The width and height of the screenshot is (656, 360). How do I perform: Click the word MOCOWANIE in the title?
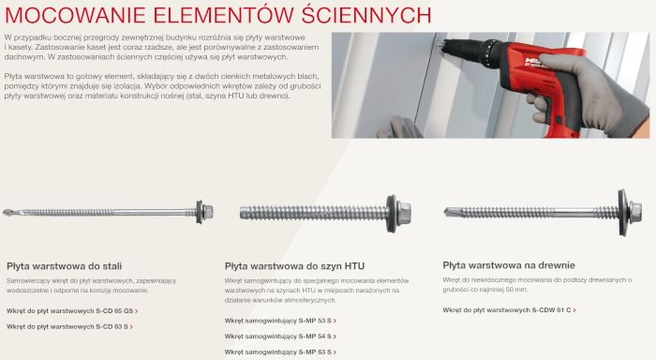click(75, 15)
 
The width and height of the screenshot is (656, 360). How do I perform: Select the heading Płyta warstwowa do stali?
click(64, 266)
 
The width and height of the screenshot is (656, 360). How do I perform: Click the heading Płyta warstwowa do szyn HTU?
click(294, 266)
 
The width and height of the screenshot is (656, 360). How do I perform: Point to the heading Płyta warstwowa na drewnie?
click(509, 265)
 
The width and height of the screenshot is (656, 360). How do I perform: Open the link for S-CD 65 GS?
click(72, 311)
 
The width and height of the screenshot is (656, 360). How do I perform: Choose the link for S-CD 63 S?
click(69, 326)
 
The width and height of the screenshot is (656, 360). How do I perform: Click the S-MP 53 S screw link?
click(280, 321)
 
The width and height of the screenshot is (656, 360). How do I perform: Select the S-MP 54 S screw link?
click(280, 337)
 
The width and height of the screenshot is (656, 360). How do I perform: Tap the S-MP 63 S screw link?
click(280, 352)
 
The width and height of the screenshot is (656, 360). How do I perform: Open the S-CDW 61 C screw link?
click(509, 310)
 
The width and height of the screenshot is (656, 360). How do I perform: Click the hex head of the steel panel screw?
click(208, 212)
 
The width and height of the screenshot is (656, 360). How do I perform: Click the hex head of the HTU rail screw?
click(404, 214)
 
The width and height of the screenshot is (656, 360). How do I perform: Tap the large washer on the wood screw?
click(623, 212)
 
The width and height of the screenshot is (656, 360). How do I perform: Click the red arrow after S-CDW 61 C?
click(574, 310)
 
